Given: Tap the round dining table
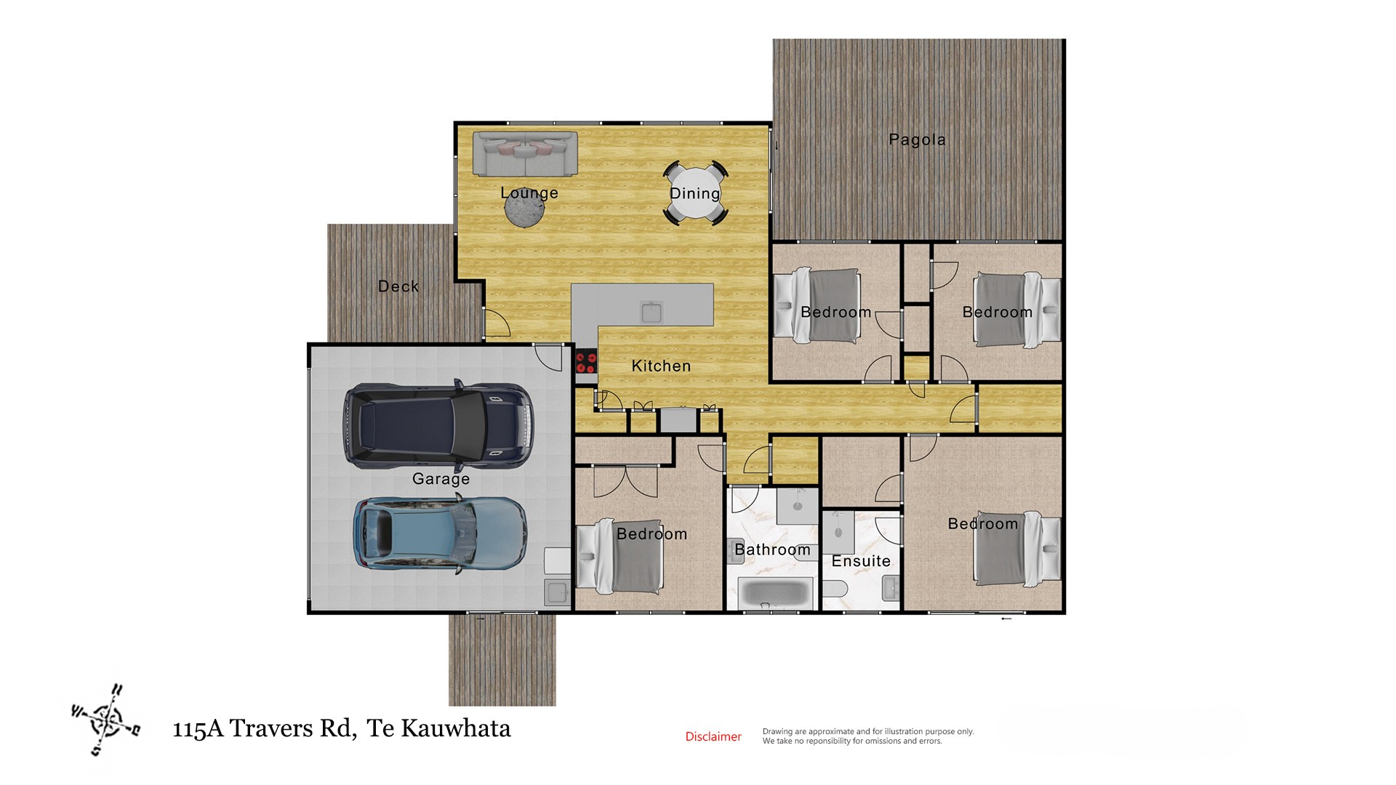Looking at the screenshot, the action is [695, 193].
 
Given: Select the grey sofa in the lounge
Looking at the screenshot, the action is [525, 153].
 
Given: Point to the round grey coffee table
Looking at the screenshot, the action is [525, 209].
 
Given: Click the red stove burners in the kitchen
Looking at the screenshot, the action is [585, 361].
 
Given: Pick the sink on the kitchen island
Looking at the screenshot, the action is [651, 312].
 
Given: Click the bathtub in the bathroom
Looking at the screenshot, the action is [774, 594].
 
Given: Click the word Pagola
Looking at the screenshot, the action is [917, 140].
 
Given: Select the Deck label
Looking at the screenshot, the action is [398, 286].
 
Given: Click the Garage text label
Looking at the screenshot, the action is [441, 479].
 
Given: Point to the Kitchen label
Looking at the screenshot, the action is [661, 366].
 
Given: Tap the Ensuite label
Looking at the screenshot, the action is [861, 561].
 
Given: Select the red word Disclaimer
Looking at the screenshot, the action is [713, 736].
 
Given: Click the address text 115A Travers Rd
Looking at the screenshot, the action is [264, 728].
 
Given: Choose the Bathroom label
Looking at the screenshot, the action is [772, 549].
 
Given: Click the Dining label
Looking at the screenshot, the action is [695, 193].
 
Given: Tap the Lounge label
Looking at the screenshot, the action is [529, 193].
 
